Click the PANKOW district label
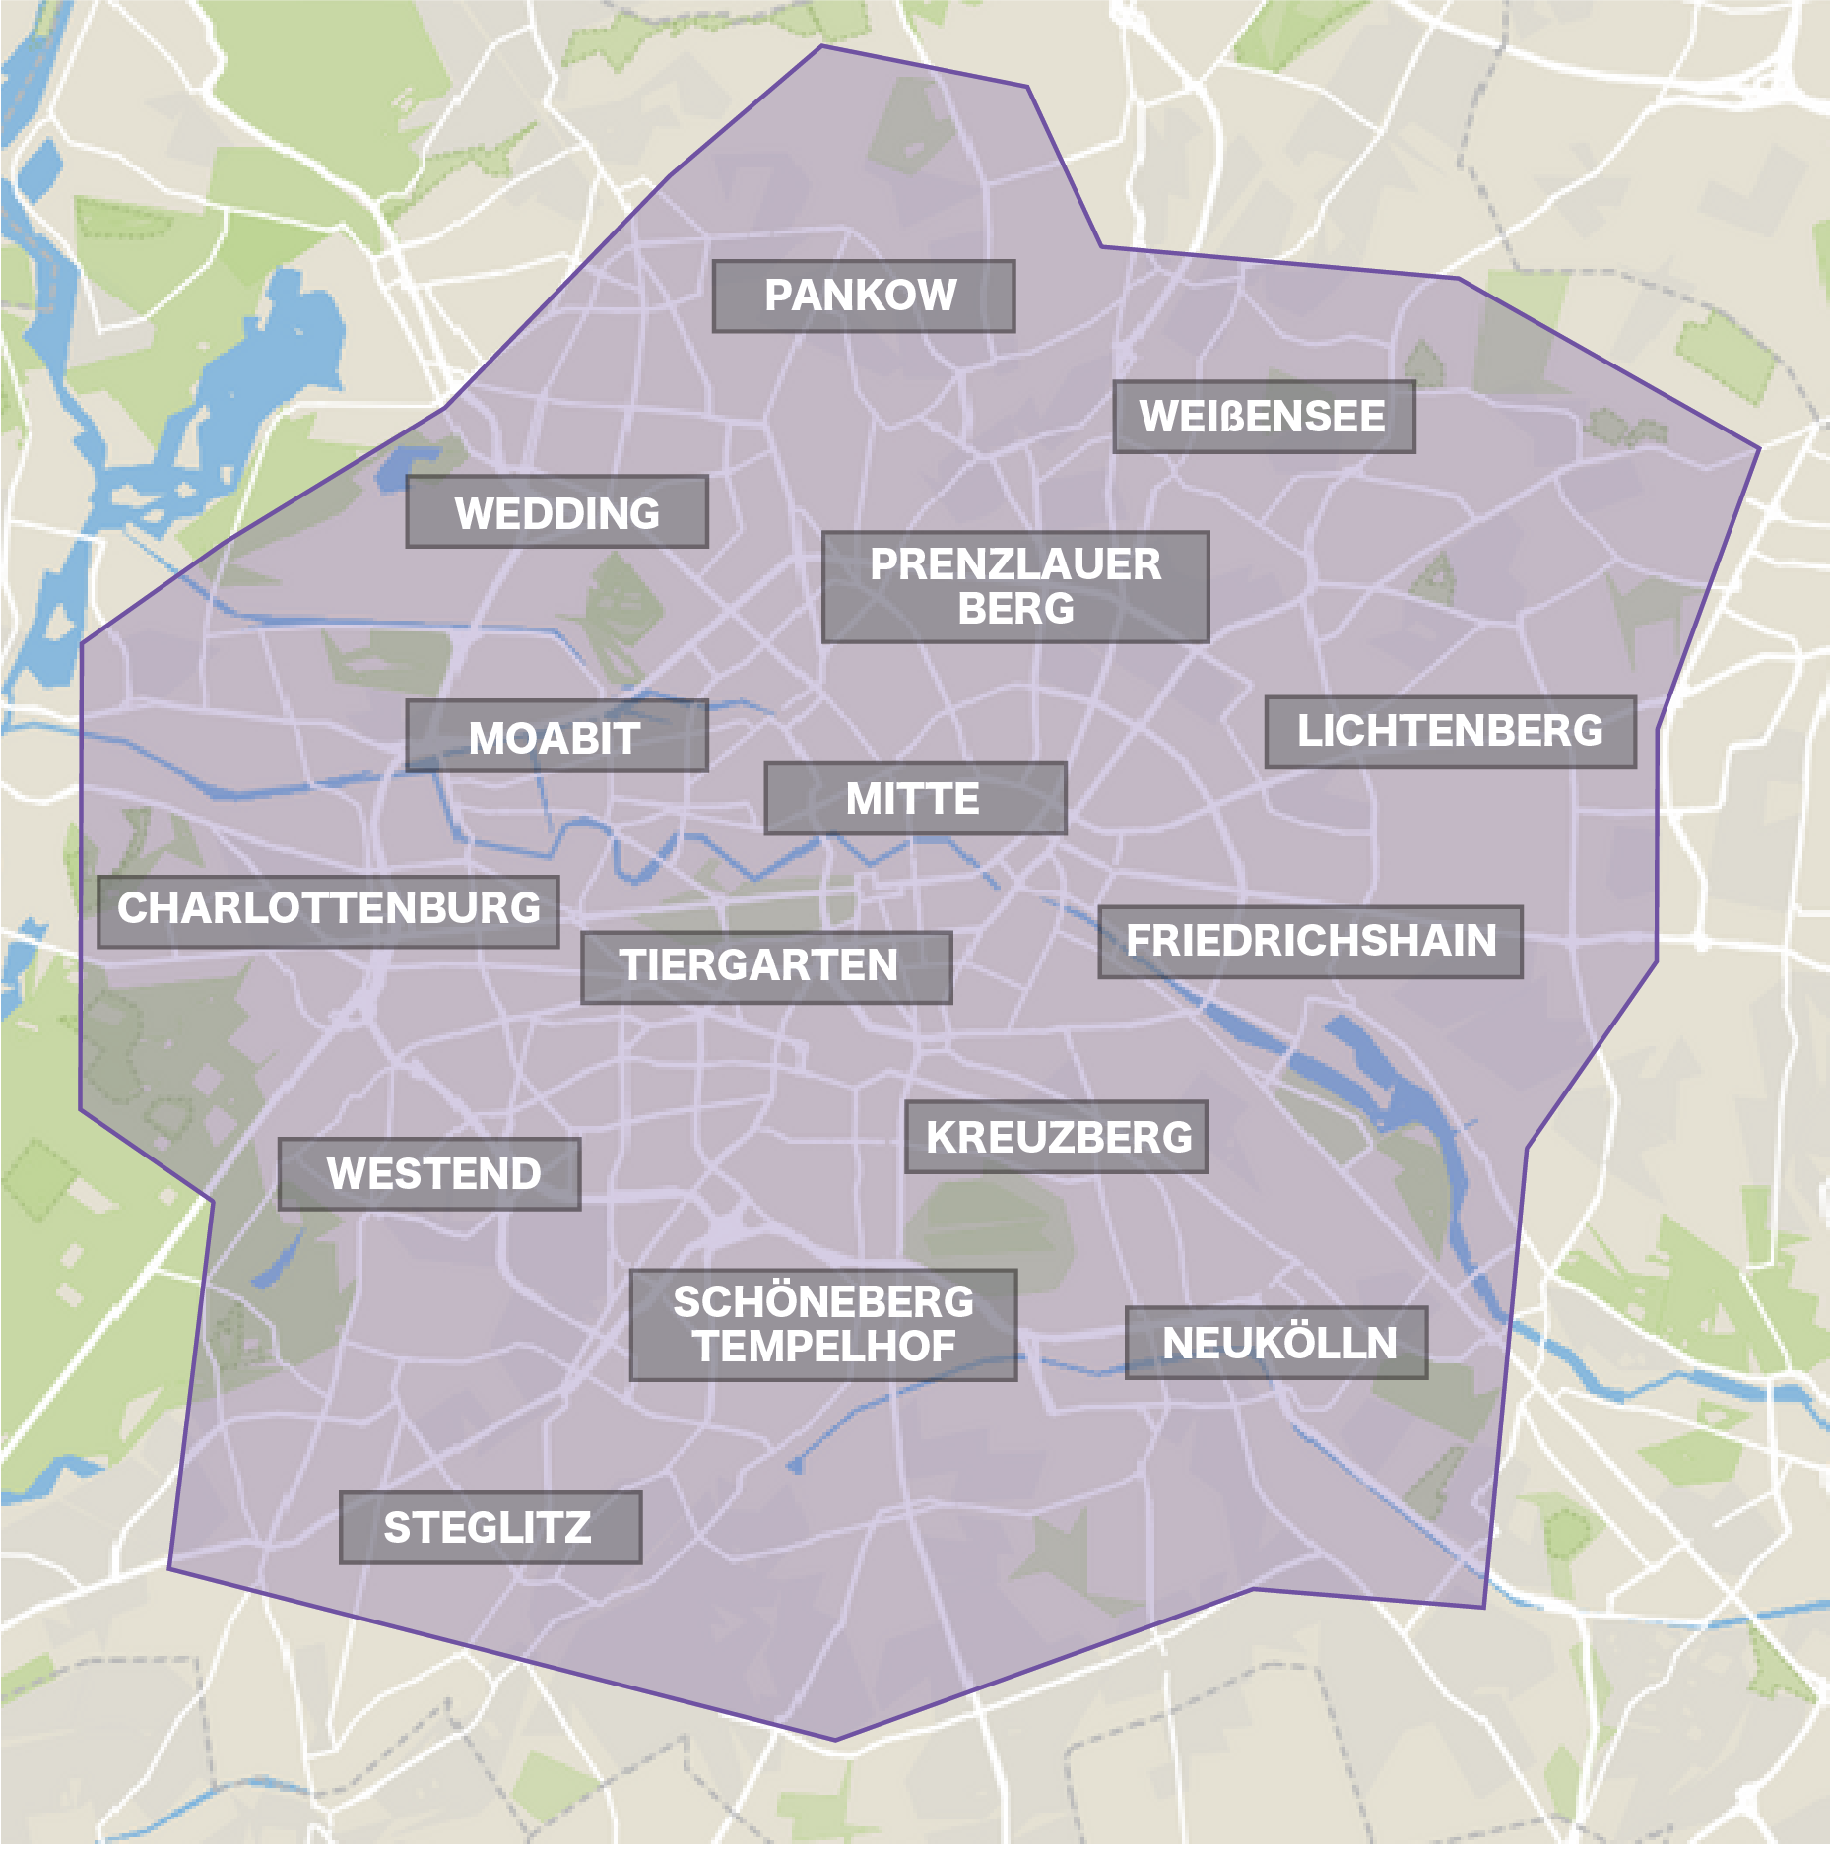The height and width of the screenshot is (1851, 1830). (x=863, y=296)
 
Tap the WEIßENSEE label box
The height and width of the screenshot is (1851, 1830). (x=1264, y=417)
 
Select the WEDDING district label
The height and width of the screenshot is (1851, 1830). (x=556, y=512)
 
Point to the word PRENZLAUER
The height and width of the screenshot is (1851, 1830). (x=1015, y=564)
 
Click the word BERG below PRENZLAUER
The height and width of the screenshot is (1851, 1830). (x=1015, y=609)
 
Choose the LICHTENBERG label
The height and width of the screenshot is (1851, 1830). (x=1450, y=731)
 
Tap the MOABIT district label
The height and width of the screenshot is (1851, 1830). (x=556, y=737)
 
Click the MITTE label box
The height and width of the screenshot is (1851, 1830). (x=914, y=798)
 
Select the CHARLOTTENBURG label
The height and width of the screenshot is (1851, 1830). (x=328, y=908)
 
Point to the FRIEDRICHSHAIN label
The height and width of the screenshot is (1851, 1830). (x=1310, y=941)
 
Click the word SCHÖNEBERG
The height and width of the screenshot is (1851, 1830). (x=823, y=1302)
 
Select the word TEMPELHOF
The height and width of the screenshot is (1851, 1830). (x=823, y=1347)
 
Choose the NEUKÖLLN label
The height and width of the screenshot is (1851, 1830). (x=1277, y=1343)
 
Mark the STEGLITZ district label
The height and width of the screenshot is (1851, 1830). (x=490, y=1528)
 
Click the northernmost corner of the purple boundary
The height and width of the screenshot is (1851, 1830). (x=822, y=46)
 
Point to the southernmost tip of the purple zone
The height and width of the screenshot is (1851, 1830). (x=835, y=1740)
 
